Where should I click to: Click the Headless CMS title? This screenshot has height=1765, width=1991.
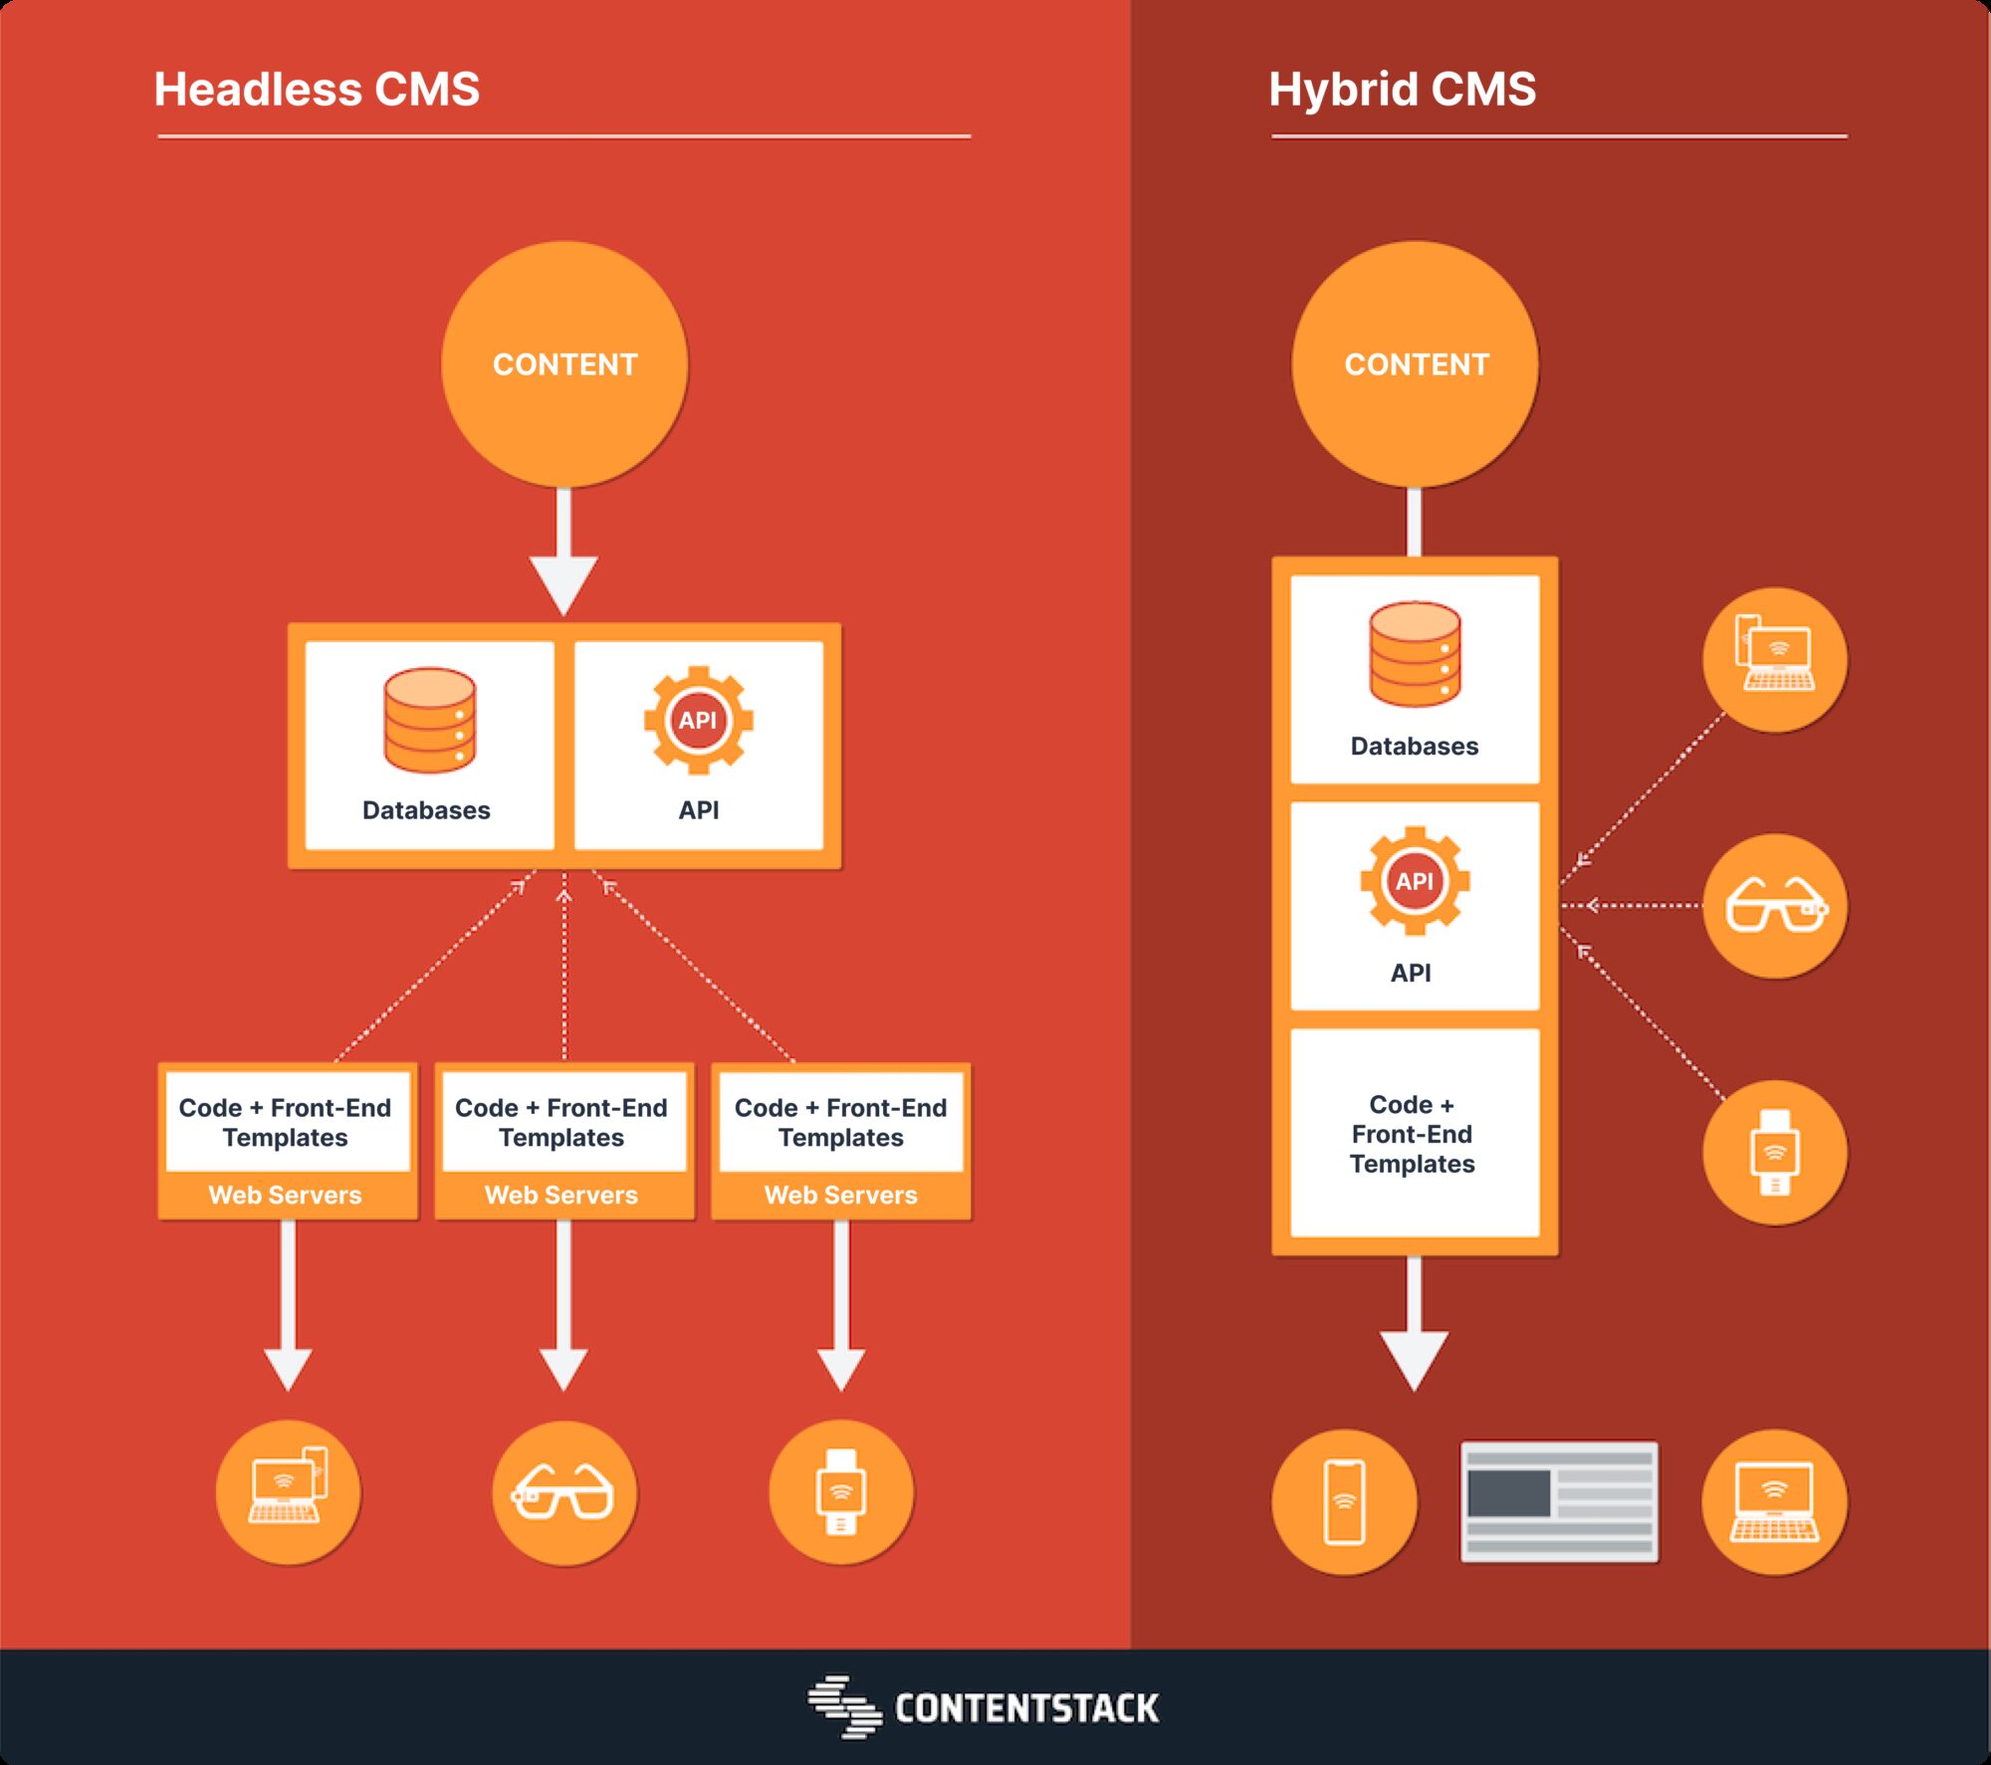coord(317,90)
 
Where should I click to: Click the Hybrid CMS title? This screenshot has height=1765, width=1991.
coord(1402,90)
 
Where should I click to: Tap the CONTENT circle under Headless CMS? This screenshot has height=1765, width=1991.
coord(564,364)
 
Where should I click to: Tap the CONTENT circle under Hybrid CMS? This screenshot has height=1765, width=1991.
coord(1416,364)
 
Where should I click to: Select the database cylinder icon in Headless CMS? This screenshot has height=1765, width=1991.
coord(429,720)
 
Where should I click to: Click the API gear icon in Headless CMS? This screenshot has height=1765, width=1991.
coord(698,720)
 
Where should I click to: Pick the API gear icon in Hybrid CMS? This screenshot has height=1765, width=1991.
coord(1415,880)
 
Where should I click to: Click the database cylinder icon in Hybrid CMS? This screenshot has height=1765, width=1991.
coord(1415,654)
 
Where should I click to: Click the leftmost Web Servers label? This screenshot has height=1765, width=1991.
coord(285,1195)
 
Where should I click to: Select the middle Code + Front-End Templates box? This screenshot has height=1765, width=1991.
coord(562,1122)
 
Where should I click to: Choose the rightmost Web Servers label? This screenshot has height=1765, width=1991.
coord(840,1195)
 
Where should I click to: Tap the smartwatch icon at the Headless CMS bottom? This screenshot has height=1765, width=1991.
coord(841,1491)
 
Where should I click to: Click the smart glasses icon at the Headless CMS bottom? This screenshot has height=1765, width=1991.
coord(563,1491)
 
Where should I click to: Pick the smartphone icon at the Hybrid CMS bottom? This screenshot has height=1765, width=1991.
coord(1344,1501)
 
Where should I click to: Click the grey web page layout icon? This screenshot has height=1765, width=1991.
coord(1559,1501)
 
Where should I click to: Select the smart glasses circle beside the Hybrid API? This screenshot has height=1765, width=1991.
coord(1775,905)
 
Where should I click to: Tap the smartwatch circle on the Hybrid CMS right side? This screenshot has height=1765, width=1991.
coord(1775,1152)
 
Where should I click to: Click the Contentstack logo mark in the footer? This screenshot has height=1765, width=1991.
coord(844,1706)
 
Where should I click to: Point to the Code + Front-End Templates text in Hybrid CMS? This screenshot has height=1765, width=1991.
coord(1413,1134)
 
